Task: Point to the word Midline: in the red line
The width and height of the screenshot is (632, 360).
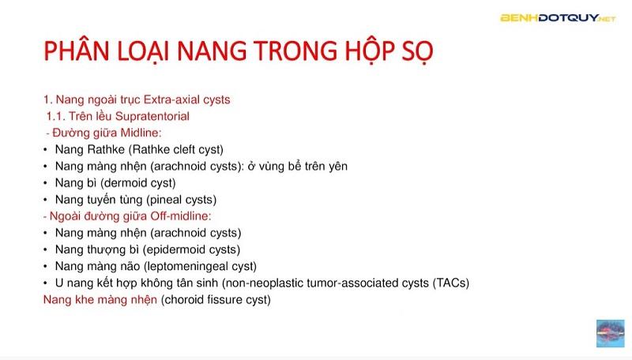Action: [140, 133]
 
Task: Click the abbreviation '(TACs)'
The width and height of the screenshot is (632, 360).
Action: [453, 283]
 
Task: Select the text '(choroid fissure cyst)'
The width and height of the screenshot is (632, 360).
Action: [216, 300]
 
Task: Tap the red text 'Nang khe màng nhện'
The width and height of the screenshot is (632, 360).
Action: [100, 300]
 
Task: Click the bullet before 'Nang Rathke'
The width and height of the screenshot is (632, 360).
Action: [46, 149]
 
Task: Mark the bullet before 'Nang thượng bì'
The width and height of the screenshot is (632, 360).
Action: [46, 249]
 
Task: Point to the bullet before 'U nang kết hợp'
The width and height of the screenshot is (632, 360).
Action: [46, 283]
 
